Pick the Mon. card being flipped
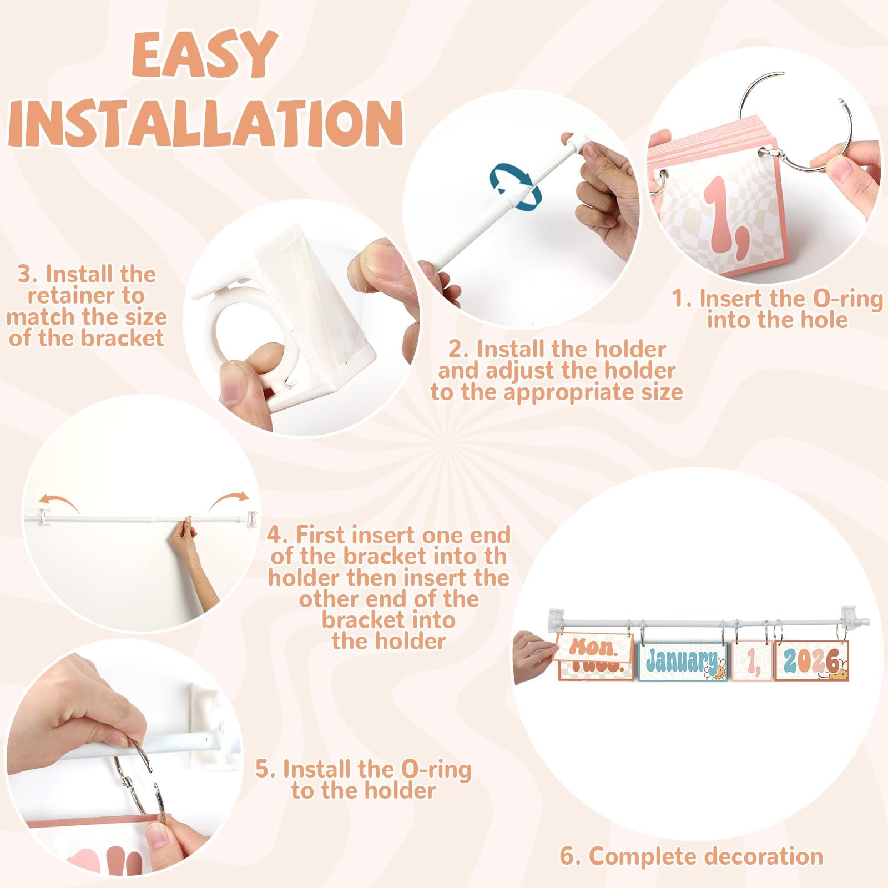pos(593,647)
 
